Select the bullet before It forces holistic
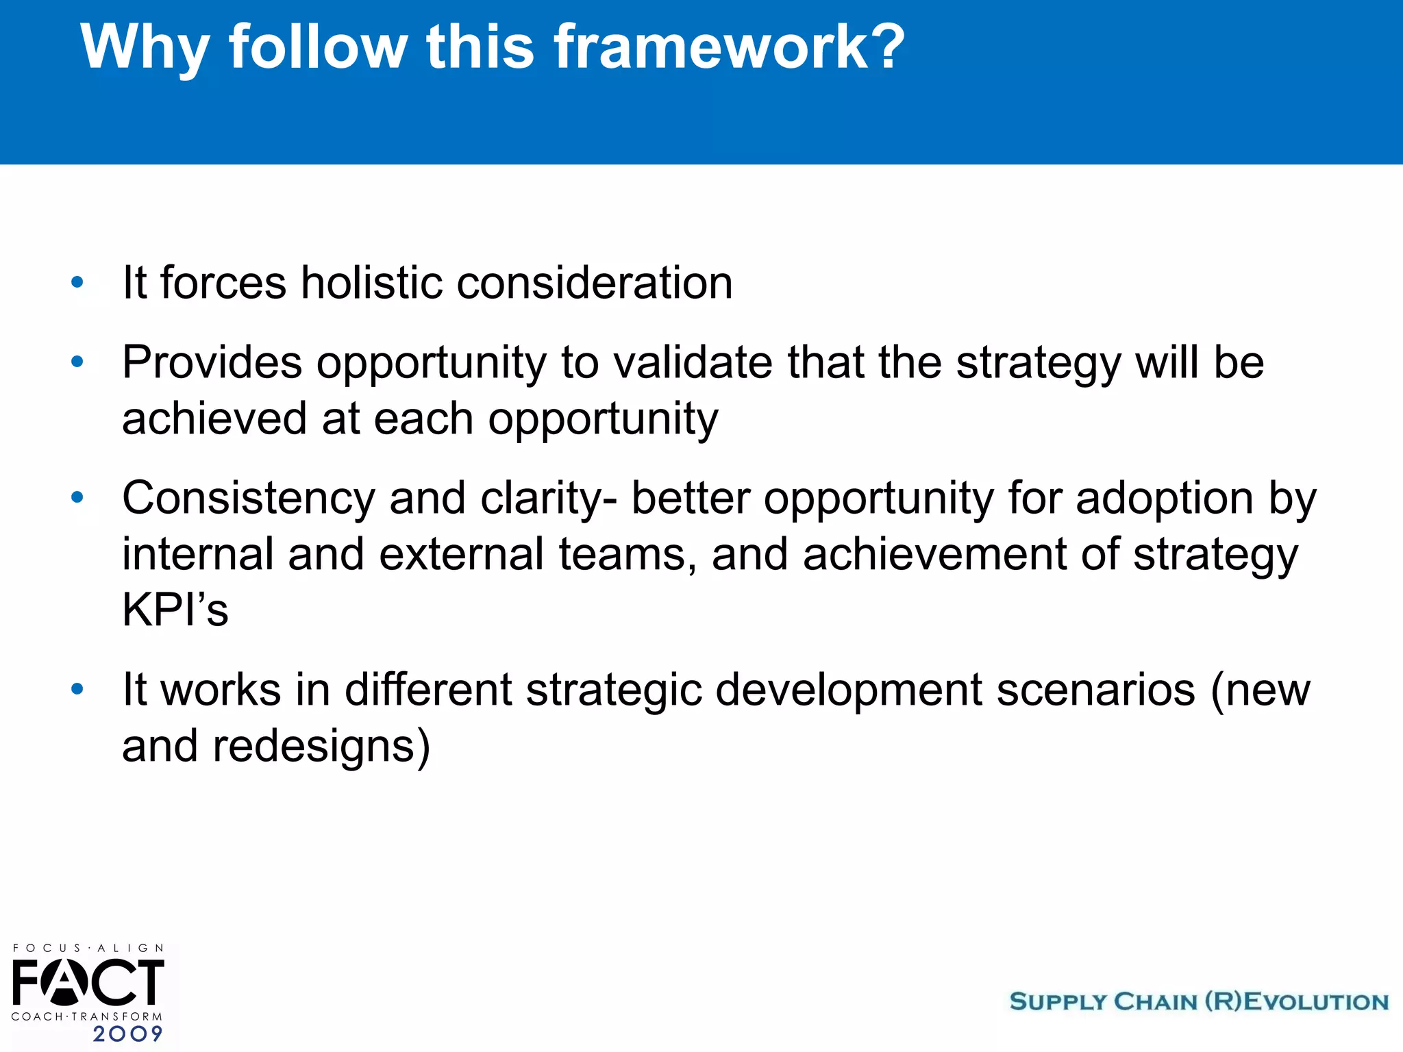[77, 282]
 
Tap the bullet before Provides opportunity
[77, 362]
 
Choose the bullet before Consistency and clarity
[77, 497]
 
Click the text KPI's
[175, 610]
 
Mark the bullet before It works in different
[77, 689]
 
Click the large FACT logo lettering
[88, 981]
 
